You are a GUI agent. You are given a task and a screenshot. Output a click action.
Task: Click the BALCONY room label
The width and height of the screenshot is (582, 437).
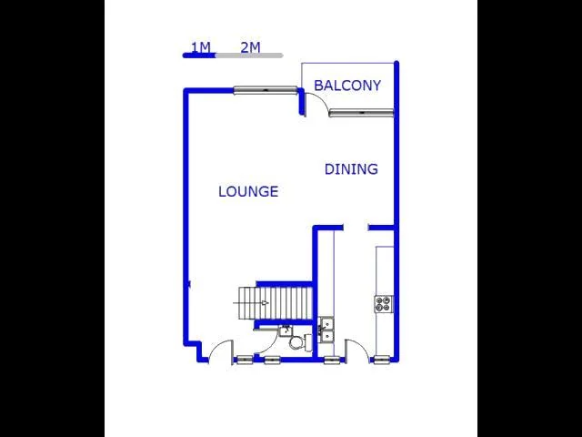point(347,86)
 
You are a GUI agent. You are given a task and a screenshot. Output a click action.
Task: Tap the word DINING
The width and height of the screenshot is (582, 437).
point(351,168)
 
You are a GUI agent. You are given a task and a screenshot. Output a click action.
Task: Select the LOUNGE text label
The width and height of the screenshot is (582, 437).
point(248,191)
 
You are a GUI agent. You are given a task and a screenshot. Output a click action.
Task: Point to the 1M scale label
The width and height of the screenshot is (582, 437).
point(200,46)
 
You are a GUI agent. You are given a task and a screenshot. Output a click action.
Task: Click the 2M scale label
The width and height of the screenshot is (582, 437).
point(250,46)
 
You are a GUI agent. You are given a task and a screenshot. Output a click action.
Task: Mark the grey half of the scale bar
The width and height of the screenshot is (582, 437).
point(248,56)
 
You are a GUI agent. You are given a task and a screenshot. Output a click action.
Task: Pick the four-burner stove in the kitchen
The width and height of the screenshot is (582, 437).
point(383,304)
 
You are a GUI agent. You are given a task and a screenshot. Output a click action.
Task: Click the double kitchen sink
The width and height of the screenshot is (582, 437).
point(327,330)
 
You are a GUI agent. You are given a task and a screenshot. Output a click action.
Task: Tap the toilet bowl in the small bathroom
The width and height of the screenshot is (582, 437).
point(296,342)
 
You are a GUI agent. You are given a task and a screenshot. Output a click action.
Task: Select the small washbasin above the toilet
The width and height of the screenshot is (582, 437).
point(285,330)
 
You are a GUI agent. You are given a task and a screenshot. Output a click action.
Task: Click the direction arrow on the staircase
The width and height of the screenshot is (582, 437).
point(264,302)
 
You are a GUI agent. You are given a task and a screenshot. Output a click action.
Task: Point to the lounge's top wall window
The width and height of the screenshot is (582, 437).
point(265,90)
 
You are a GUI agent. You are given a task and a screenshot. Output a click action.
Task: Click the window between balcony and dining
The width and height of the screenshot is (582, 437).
point(361,113)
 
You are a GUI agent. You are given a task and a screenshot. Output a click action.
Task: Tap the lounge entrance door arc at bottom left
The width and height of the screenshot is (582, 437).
point(219,350)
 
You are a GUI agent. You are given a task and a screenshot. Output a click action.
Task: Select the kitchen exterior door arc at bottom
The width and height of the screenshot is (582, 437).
point(356,350)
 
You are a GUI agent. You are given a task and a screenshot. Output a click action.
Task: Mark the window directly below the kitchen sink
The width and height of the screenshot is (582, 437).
point(334,361)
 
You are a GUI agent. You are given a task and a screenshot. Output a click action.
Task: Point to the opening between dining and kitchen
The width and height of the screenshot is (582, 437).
point(356,228)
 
